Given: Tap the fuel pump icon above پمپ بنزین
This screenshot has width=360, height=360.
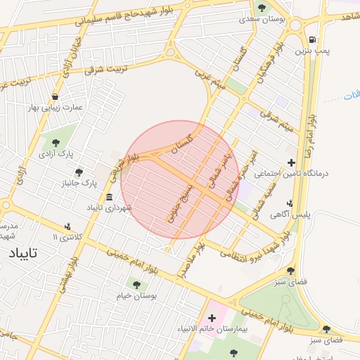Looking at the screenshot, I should coord(311,40).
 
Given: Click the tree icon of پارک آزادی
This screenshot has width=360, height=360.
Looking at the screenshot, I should coord(56,143).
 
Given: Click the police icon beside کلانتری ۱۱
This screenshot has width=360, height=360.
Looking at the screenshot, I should coord(67,226).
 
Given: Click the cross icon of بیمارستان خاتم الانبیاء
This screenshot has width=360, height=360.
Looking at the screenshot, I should coord(212,318).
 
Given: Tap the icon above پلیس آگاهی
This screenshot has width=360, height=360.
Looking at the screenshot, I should coord(290,203).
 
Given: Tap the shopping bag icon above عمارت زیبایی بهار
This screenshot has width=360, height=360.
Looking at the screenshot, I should coord(55,96).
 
